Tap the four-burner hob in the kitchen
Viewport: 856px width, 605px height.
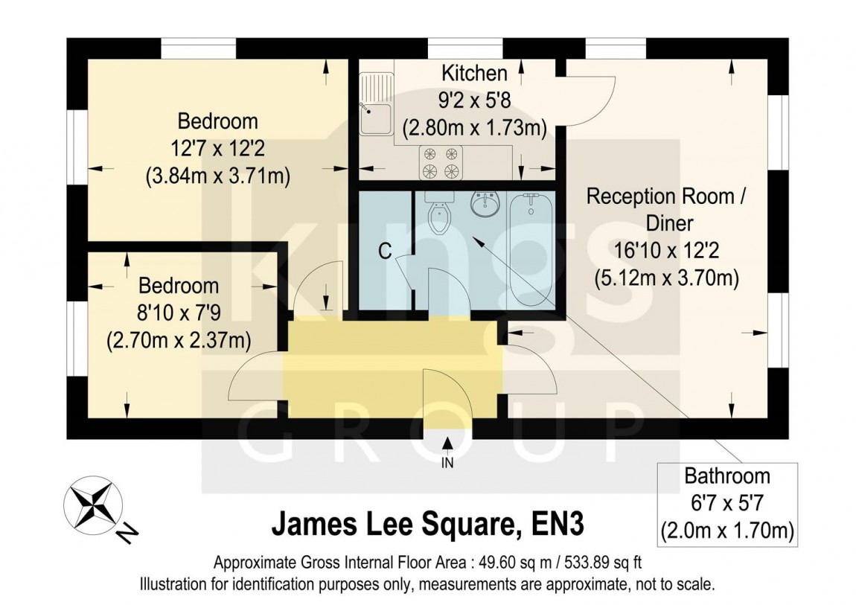[x=440, y=163]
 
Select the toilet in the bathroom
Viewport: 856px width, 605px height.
[x=441, y=216]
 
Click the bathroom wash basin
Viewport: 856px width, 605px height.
[x=487, y=205]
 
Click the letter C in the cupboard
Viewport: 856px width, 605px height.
[x=385, y=252]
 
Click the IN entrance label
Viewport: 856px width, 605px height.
[x=447, y=463]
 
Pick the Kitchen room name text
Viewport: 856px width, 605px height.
[x=474, y=74]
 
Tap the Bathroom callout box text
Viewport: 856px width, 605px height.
[x=727, y=503]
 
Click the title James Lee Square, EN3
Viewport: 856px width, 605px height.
[x=427, y=524]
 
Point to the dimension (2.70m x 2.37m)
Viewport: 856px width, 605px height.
[x=179, y=340]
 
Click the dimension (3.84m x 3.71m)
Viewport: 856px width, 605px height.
[x=217, y=176]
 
